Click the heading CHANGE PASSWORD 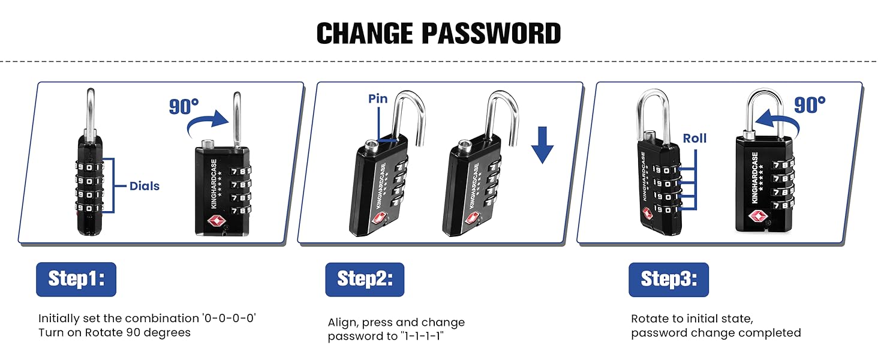pos(438,34)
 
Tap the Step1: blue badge pos(76,279)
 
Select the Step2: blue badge pos(365,279)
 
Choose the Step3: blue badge pos(669,279)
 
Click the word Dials pos(145,186)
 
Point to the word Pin pos(378,99)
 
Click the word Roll pos(694,139)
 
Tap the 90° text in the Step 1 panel pos(184,106)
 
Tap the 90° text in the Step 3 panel pos(810,105)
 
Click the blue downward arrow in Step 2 pos(542,144)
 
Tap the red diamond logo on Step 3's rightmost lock pos(757,215)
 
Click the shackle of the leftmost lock pos(91,111)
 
